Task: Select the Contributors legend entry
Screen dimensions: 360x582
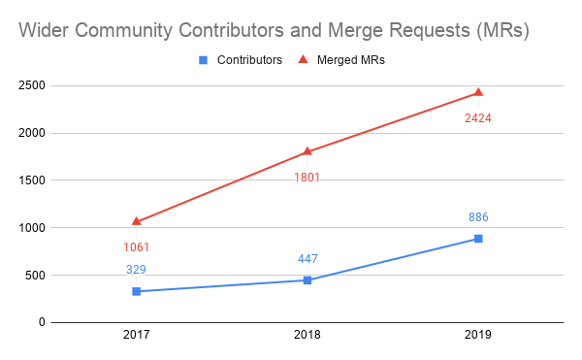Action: (x=241, y=60)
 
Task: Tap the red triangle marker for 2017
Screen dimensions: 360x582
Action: (x=137, y=221)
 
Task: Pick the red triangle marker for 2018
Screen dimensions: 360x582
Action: (x=307, y=151)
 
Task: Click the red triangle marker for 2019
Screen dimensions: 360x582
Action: (x=478, y=92)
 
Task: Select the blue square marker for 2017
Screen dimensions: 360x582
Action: (x=137, y=291)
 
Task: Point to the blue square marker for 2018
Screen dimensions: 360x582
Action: (x=307, y=279)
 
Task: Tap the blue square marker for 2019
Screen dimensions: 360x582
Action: (x=478, y=239)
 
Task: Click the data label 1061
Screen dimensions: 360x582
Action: (x=137, y=247)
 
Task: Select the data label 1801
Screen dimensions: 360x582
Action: (x=307, y=178)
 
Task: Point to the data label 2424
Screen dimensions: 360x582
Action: (x=478, y=118)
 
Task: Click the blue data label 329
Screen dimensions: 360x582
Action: (x=137, y=270)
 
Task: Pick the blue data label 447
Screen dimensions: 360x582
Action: (x=307, y=258)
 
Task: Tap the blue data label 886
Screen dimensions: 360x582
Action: (x=478, y=217)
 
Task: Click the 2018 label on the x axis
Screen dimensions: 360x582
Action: (x=307, y=336)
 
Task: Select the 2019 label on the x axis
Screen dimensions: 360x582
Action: (x=478, y=336)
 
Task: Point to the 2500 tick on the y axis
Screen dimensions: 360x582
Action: (x=31, y=85)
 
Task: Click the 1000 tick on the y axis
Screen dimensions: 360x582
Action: (x=31, y=228)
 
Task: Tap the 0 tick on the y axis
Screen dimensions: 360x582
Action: (x=41, y=322)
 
